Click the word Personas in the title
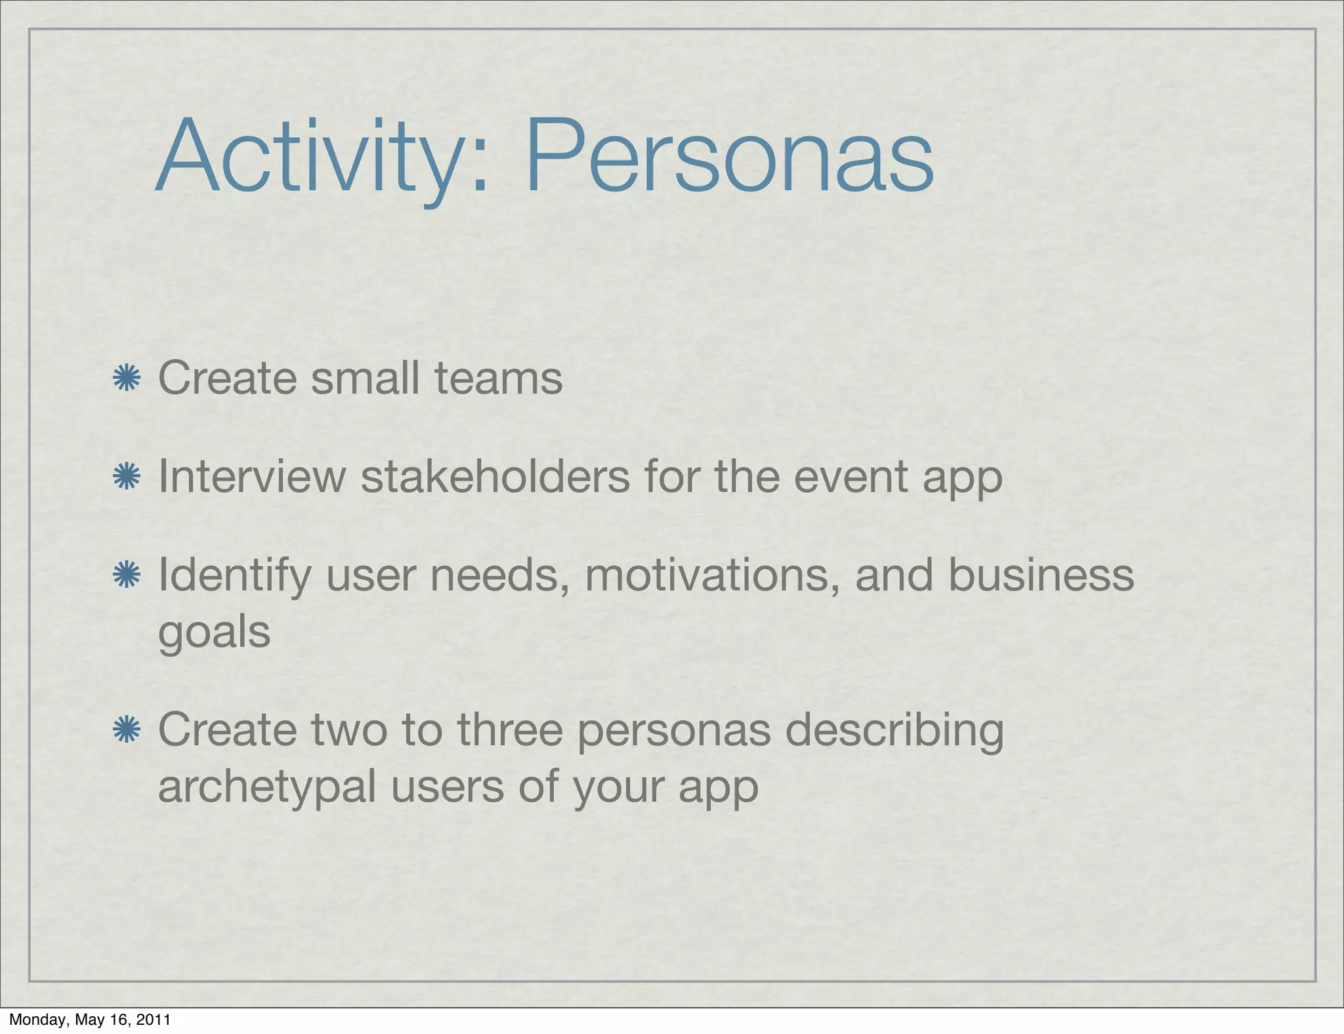coord(728,157)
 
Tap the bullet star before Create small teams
coord(127,379)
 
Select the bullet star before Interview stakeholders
coord(127,476)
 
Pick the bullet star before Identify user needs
coord(127,575)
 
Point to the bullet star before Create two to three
coord(127,730)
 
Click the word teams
coord(498,379)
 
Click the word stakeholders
coord(495,476)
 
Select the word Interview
coord(252,476)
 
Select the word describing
coord(894,730)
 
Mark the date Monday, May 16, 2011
coord(90,1020)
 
